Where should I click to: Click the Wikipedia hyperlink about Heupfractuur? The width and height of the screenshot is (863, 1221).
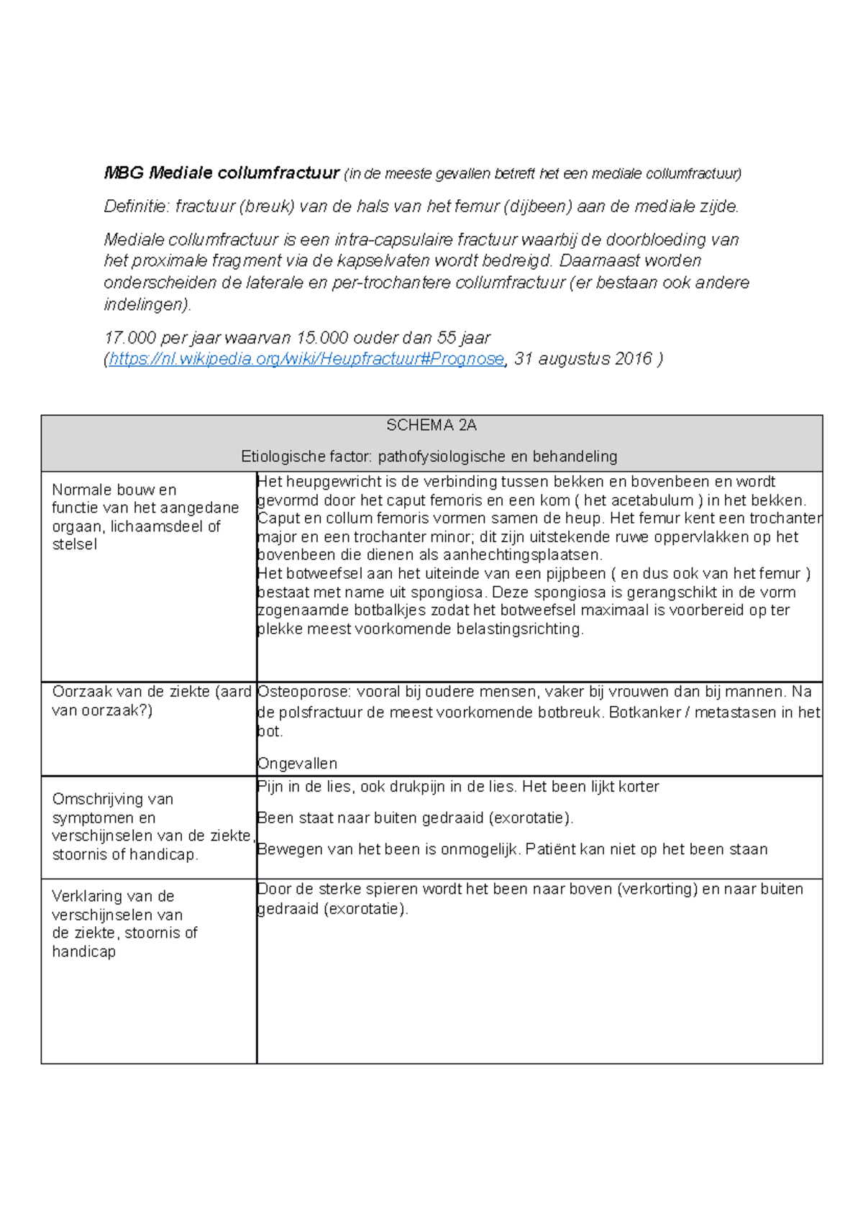(306, 359)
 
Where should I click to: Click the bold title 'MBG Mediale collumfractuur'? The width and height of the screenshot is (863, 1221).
(222, 173)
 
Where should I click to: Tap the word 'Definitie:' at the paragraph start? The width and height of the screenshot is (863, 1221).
(137, 207)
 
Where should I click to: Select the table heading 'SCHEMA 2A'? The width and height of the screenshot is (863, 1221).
(431, 426)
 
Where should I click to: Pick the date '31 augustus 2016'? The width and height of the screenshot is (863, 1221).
(583, 359)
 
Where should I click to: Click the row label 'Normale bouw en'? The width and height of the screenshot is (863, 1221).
(114, 490)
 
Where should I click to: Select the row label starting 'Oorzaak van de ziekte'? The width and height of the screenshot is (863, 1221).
(151, 692)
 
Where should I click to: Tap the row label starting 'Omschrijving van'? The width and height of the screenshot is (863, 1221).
(113, 800)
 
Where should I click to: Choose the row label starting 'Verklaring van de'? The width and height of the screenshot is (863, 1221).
(113, 897)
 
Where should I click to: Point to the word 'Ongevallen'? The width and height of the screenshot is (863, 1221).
(297, 764)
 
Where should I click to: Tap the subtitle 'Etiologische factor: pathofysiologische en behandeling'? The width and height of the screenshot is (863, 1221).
(429, 457)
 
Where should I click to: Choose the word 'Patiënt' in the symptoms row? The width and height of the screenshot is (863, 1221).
(550, 850)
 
